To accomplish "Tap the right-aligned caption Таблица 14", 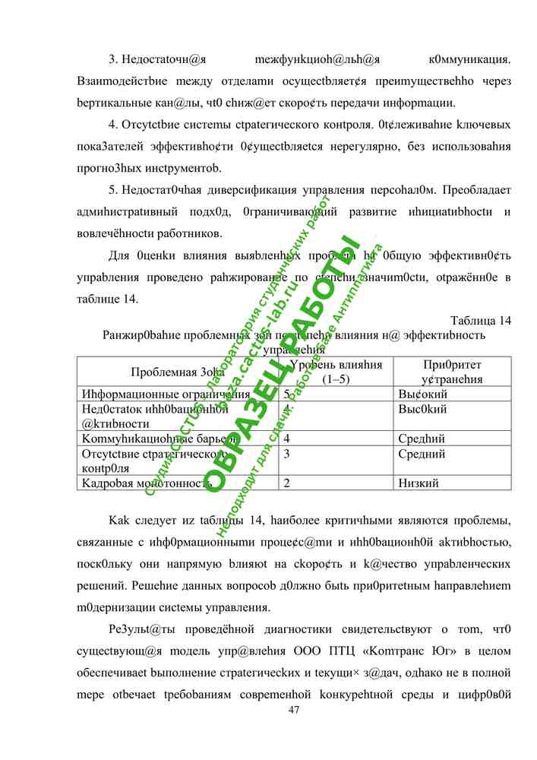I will coord(481,320).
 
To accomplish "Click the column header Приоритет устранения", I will coord(452,372).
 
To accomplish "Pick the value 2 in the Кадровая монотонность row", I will coord(286,483).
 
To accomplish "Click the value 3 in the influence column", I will coord(286,454).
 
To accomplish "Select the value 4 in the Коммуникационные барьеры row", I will coord(286,439).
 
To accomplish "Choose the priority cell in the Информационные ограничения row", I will coord(422,394).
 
